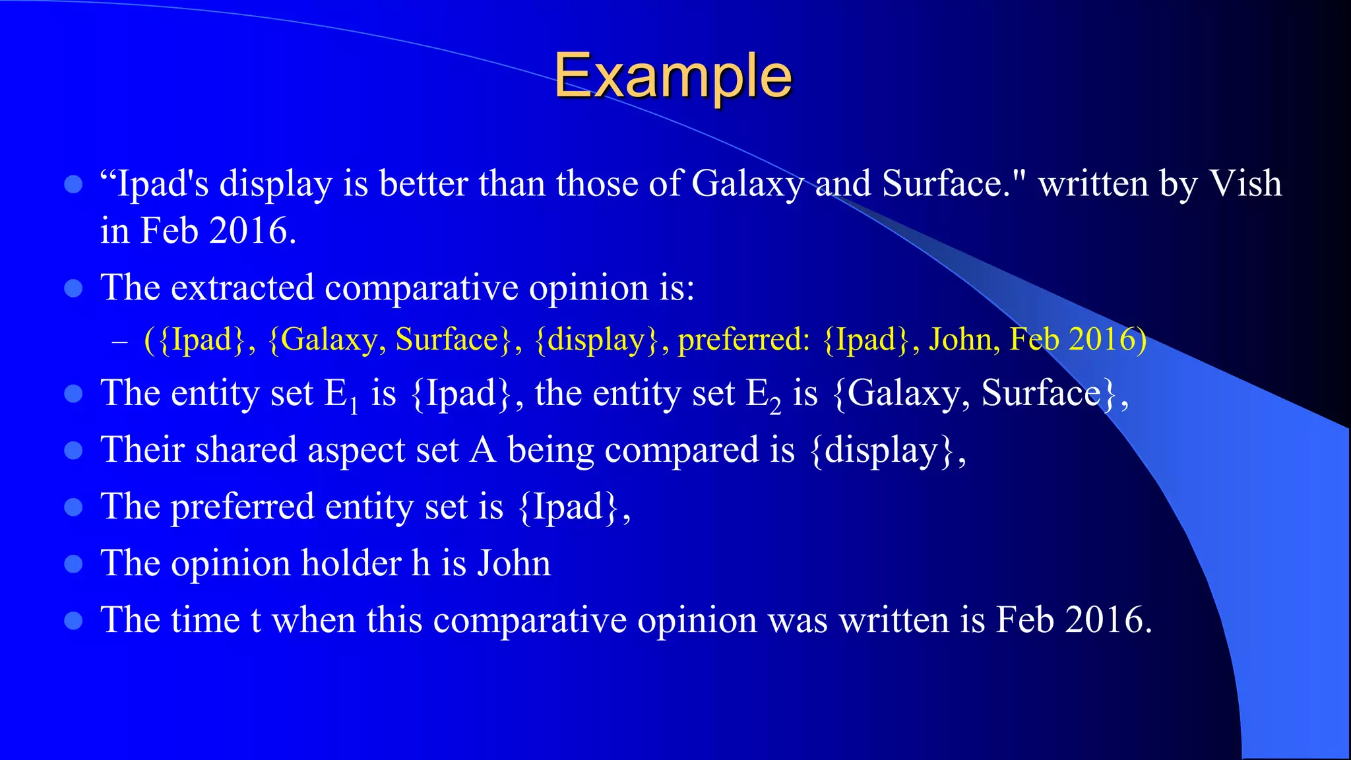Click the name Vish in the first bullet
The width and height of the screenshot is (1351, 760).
point(1245,183)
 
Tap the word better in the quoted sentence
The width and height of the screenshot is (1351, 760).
point(424,183)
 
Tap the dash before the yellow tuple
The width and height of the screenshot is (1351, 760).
point(119,341)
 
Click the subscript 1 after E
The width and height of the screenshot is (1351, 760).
point(354,405)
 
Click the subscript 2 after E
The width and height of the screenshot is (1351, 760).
point(776,405)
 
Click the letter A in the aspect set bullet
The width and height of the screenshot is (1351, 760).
point(483,450)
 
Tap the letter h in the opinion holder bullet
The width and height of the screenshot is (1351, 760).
point(421,563)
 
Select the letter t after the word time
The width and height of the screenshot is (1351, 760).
point(256,621)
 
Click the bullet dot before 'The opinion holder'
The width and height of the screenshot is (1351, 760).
point(73,564)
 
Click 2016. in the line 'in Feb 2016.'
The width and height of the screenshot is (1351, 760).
point(252,231)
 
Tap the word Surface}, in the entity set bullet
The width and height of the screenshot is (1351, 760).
point(1054,393)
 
